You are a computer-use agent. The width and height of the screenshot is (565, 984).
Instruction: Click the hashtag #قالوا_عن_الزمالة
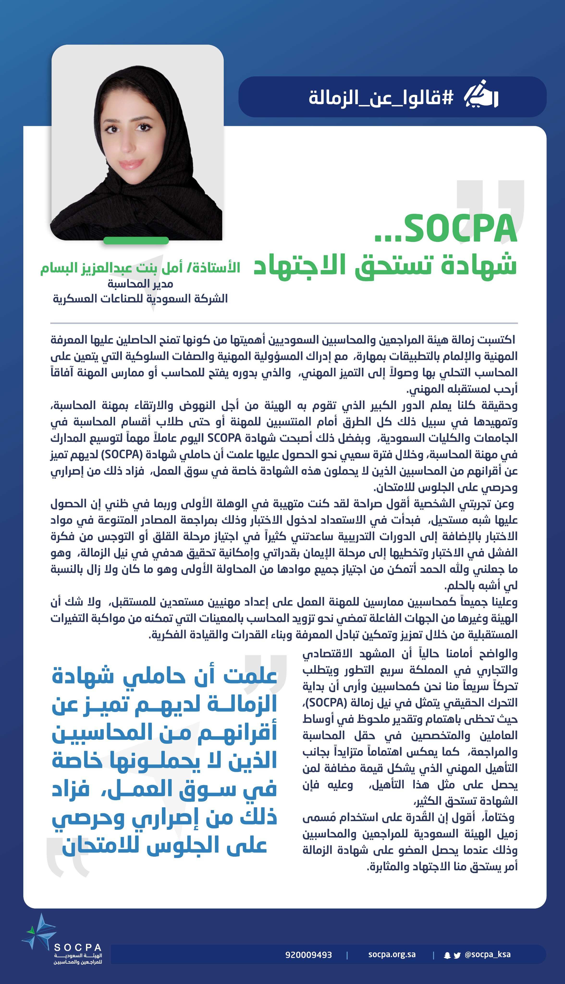pos(381,97)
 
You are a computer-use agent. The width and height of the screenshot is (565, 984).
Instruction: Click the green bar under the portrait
pos(136,240)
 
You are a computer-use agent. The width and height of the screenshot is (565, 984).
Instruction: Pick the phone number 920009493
pos(308,954)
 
